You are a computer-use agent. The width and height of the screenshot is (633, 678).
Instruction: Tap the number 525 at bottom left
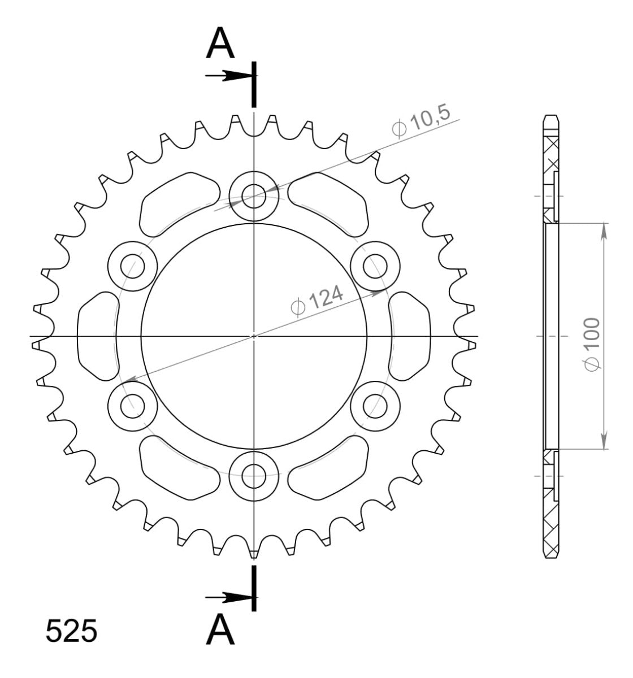71,631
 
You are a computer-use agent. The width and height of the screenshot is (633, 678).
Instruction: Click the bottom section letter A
221,629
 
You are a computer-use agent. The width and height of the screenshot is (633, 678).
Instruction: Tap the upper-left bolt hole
132,266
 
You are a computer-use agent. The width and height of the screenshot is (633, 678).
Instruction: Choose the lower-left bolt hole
132,405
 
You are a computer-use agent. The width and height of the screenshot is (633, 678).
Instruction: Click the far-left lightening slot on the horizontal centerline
98,337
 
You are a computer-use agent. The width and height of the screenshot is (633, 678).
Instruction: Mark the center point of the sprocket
254,336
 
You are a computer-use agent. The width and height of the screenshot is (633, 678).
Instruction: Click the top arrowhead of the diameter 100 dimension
604,229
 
